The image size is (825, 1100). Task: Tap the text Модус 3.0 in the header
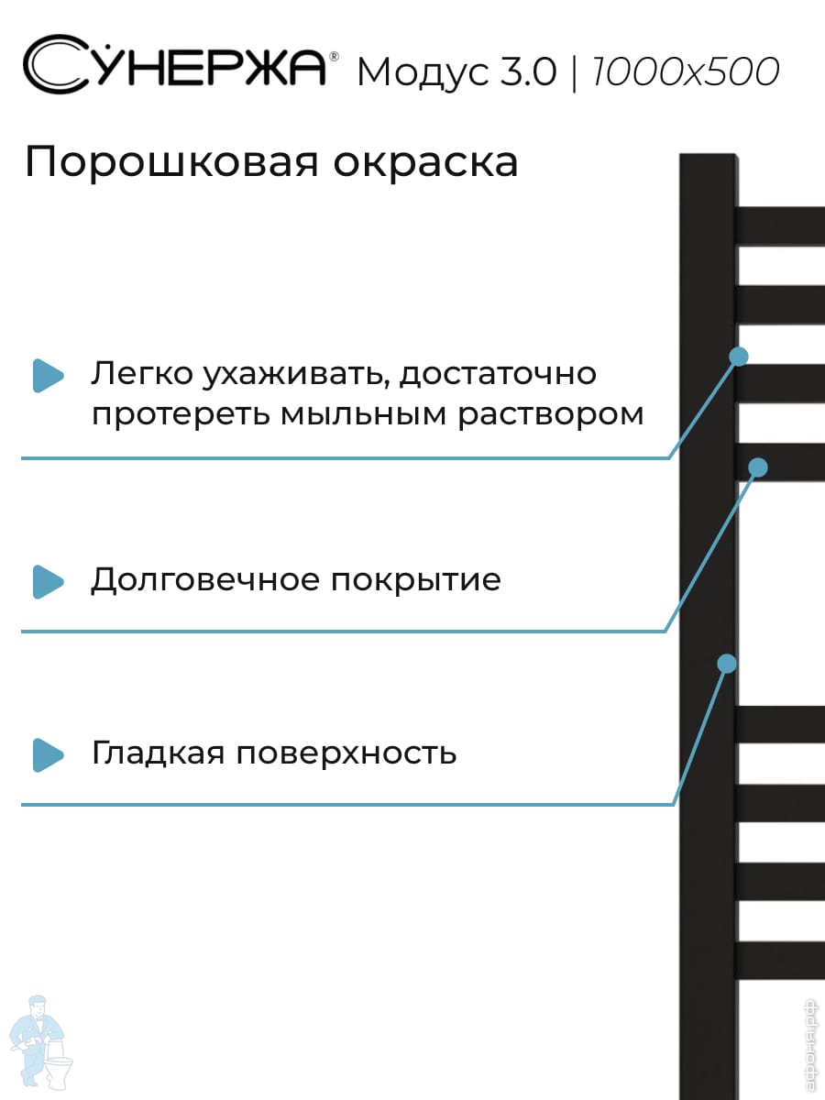(456, 72)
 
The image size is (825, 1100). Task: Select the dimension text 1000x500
(686, 71)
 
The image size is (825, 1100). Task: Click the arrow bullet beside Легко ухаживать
(48, 375)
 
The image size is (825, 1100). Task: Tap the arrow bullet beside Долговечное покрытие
(48, 581)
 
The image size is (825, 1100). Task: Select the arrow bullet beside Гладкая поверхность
(48, 754)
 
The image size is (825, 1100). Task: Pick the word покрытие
(416, 581)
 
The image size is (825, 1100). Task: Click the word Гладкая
(157, 753)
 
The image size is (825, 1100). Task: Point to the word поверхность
(346, 753)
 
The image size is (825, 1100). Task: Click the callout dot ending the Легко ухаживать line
(739, 356)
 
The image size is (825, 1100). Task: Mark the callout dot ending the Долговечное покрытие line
(757, 467)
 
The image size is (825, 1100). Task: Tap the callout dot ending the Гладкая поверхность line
(727, 663)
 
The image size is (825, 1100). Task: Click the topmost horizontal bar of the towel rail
(781, 225)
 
